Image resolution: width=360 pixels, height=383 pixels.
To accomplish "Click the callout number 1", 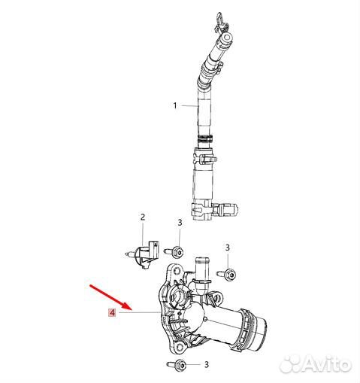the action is pyautogui.click(x=175, y=105).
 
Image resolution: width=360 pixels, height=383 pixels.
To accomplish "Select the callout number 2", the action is pyautogui.click(x=143, y=217).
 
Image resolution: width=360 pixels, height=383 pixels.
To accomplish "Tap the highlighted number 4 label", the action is pyautogui.click(x=112, y=312).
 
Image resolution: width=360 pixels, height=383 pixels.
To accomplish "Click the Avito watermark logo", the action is pyautogui.click(x=316, y=363).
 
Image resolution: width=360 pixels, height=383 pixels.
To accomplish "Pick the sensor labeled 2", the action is pyautogui.click(x=143, y=254).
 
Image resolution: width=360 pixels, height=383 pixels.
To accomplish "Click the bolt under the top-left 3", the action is pyautogui.click(x=174, y=251).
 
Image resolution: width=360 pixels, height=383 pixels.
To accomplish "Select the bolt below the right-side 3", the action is pyautogui.click(x=227, y=274).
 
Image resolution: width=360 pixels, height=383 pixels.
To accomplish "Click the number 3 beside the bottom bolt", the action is pyautogui.click(x=207, y=364).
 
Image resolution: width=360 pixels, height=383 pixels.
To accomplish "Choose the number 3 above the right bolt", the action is pyautogui.click(x=227, y=248).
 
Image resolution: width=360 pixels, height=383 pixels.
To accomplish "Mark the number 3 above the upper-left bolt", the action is pyautogui.click(x=180, y=223).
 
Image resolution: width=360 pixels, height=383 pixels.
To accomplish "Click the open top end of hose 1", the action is pyautogui.click(x=227, y=37).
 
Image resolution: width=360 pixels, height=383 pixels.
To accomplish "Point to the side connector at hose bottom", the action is pyautogui.click(x=225, y=209).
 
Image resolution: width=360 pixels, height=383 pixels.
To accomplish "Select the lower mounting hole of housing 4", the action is pyautogui.click(x=180, y=347).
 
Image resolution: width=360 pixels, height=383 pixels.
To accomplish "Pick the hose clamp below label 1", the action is pyautogui.click(x=205, y=138).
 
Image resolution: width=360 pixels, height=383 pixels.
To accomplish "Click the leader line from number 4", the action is pyautogui.click(x=139, y=312).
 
